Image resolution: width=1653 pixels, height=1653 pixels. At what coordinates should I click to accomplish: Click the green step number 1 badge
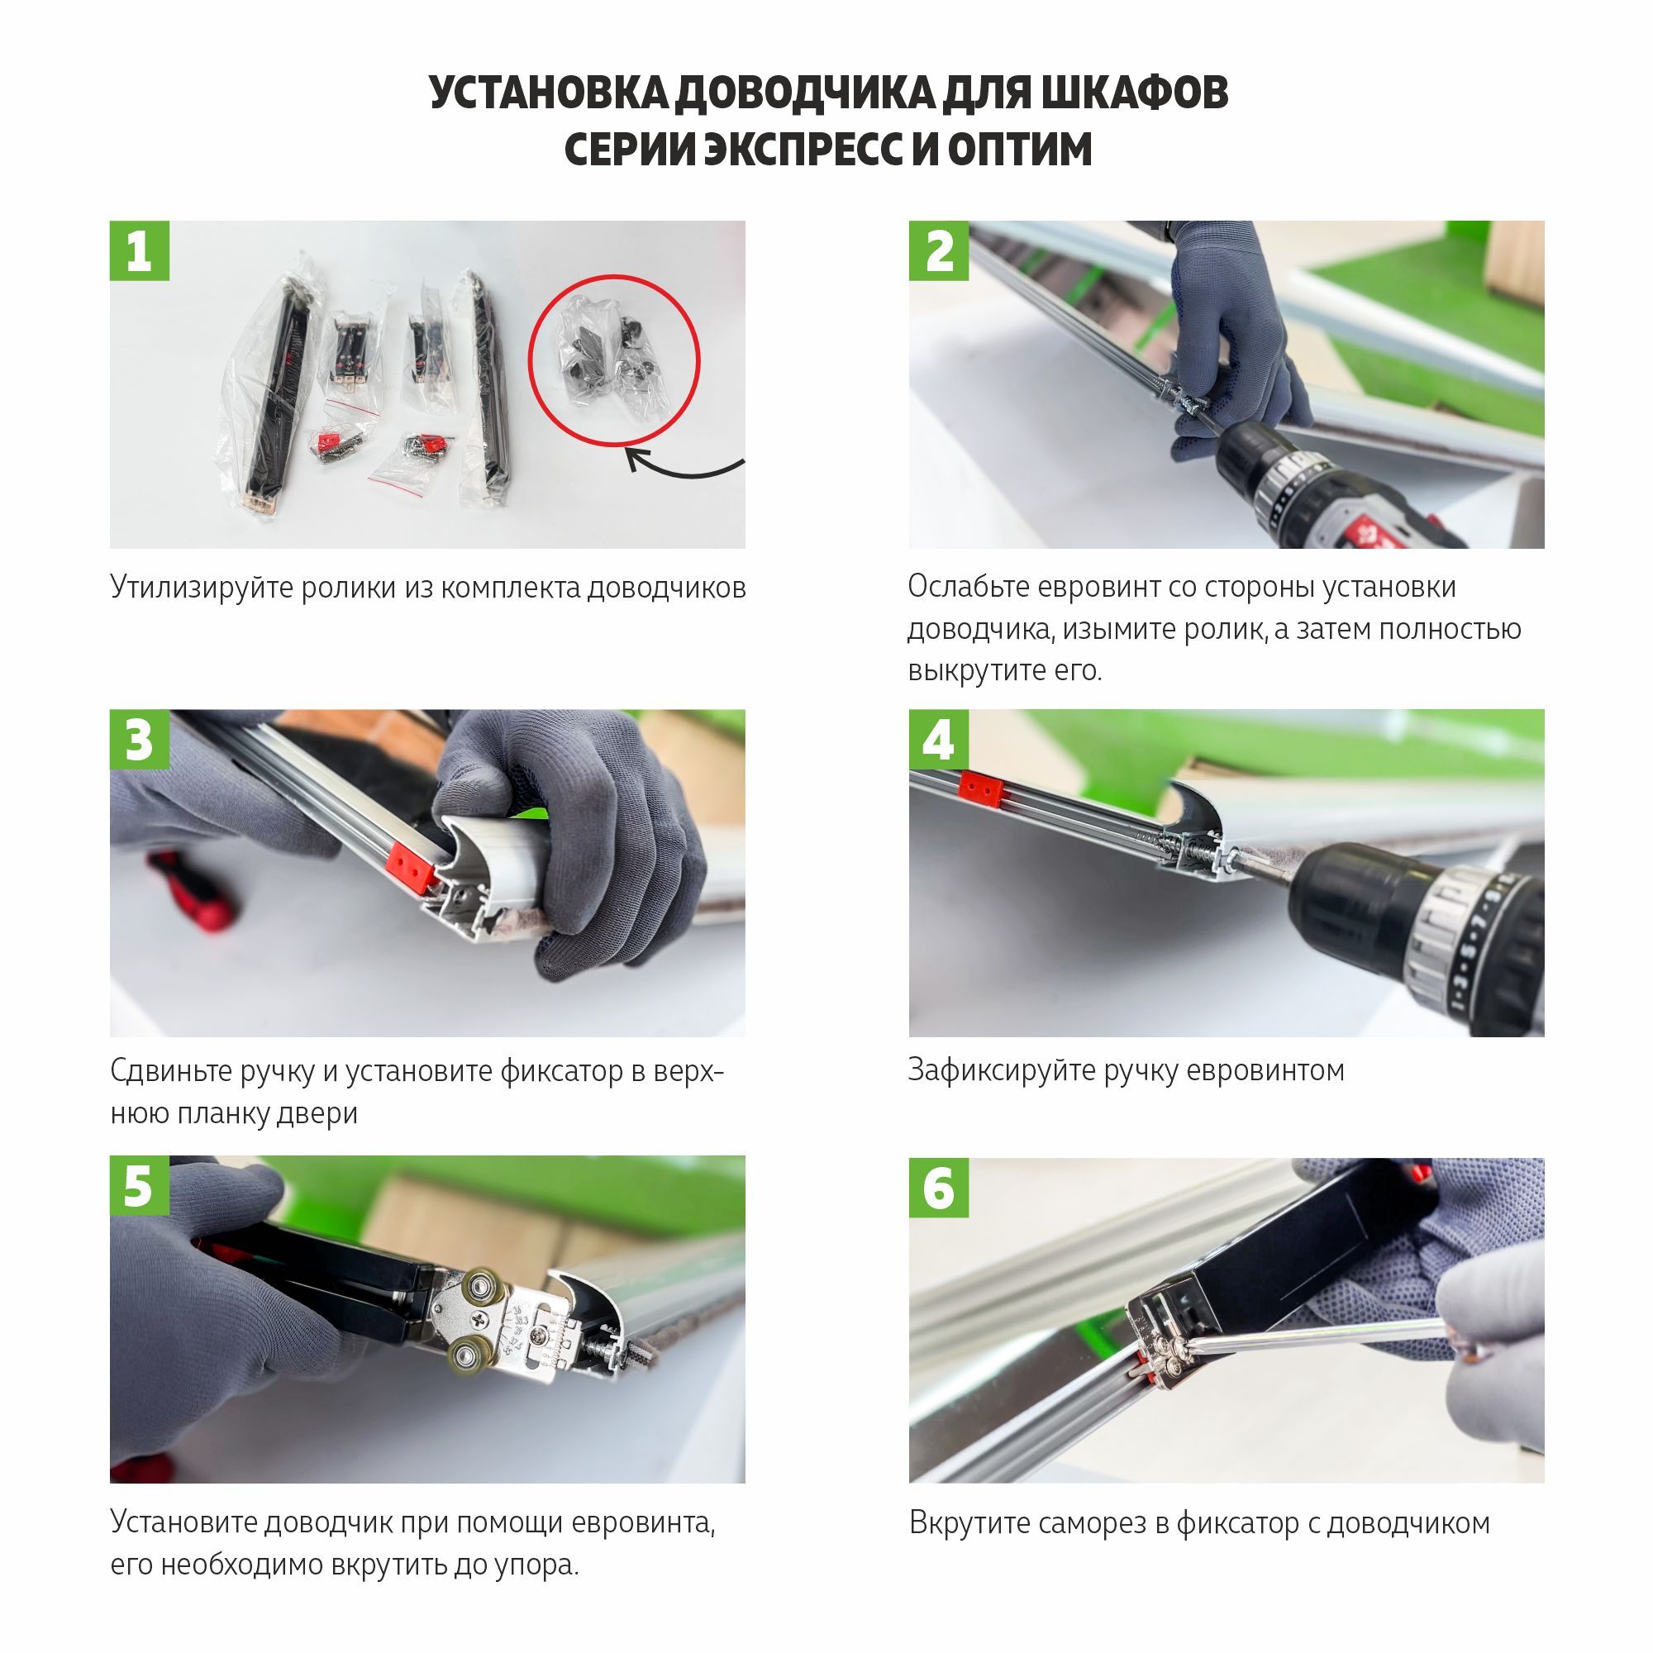[x=140, y=250]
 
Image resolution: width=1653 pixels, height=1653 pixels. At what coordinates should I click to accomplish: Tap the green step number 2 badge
[x=939, y=250]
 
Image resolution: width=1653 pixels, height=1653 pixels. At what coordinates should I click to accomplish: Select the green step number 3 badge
[x=140, y=739]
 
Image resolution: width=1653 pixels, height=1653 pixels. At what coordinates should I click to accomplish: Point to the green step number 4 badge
[x=939, y=739]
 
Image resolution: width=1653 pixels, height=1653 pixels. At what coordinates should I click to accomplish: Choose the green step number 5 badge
[x=140, y=1186]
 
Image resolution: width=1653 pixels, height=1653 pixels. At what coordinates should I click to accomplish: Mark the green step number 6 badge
[x=939, y=1188]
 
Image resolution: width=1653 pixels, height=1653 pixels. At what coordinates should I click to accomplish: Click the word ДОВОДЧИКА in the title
[x=804, y=93]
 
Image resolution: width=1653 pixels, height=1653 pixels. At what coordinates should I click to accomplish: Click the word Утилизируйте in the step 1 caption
[x=202, y=588]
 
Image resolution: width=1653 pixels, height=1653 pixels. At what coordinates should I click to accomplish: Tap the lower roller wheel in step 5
[x=469, y=1356]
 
